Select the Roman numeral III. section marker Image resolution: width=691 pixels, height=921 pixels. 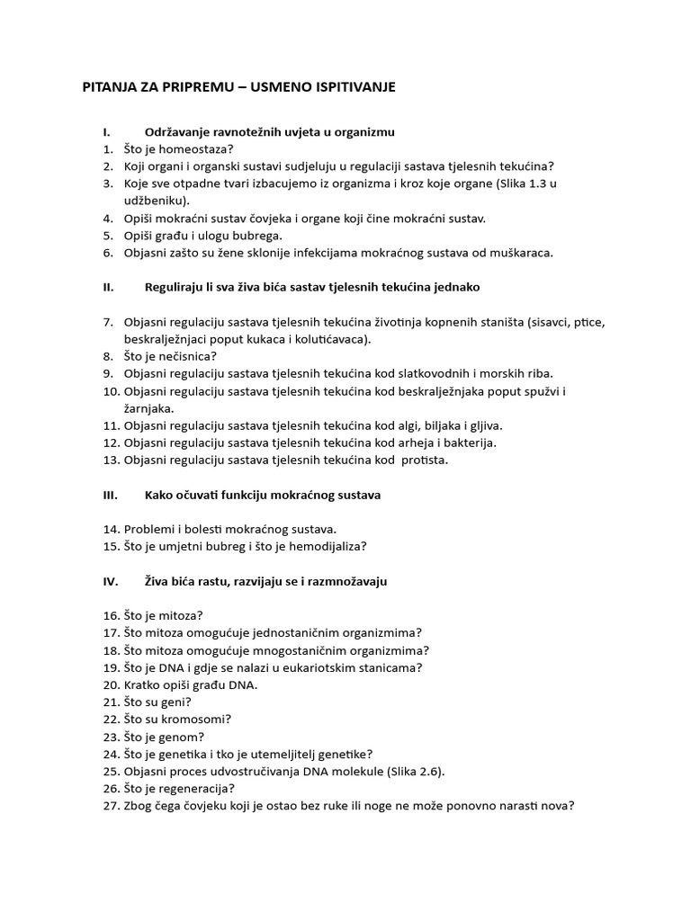[x=111, y=495]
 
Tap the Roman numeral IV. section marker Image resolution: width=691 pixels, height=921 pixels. [x=111, y=581]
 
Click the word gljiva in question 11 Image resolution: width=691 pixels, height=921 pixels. [x=484, y=425]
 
